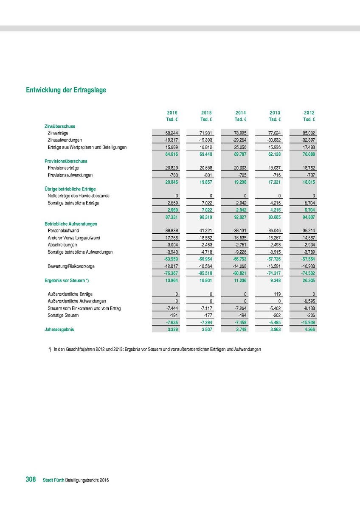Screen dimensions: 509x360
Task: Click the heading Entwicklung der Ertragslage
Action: click(66, 90)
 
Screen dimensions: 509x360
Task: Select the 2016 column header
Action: click(172, 113)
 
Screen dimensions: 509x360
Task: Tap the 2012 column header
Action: click(309, 113)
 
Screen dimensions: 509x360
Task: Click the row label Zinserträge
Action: click(60, 133)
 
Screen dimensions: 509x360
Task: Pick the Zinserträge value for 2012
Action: click(309, 133)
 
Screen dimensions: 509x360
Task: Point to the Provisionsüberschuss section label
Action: click(66, 161)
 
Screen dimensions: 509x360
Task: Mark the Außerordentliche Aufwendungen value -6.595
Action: click(308, 301)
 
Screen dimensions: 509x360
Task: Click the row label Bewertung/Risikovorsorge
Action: click(71, 266)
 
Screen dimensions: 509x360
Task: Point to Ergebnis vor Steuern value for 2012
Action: click(308, 280)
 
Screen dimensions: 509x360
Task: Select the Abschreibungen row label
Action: click(62, 245)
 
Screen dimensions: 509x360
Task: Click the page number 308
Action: click(31, 479)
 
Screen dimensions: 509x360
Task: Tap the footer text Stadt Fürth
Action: click(53, 480)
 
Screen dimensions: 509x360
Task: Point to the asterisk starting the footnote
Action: click(50, 349)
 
